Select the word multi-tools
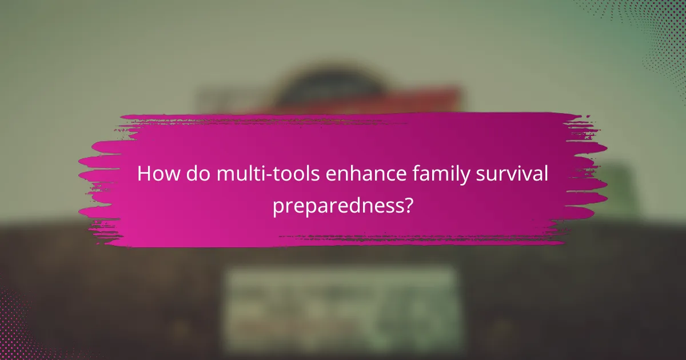point(265,174)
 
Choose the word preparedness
point(337,205)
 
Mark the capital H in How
point(144,174)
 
